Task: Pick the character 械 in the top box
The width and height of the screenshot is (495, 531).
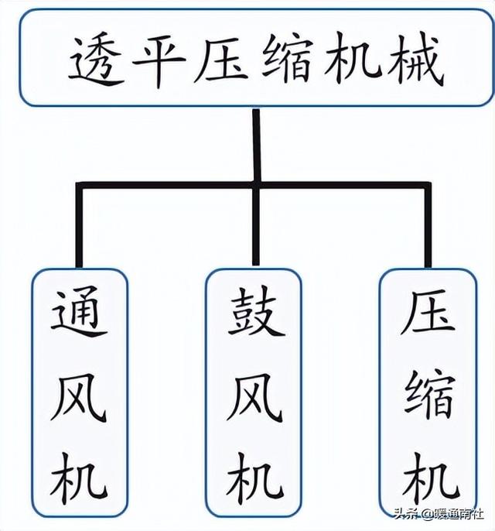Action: [x=413, y=59]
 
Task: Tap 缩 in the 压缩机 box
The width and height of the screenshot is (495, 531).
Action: [x=428, y=395]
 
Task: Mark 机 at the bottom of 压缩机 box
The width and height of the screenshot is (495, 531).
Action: [x=428, y=472]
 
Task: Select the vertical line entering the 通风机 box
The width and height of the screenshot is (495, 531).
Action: [x=79, y=228]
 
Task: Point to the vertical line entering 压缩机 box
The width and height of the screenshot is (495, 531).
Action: [x=428, y=228]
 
